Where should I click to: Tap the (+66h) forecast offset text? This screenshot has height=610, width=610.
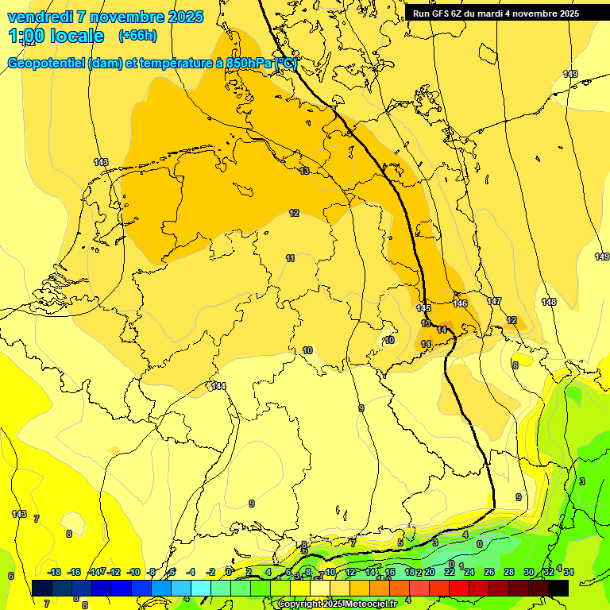coord(137,36)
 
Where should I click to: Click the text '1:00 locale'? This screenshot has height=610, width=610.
coord(56,36)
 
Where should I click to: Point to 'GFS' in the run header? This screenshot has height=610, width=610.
coord(442,14)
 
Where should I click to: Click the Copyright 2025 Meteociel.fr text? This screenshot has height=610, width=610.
coord(337,604)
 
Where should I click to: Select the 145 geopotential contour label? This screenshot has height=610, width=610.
coord(423,308)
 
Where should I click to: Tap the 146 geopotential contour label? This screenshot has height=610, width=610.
coord(460,303)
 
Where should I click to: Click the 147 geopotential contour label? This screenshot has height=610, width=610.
coord(494,301)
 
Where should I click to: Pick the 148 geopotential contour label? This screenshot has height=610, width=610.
coord(549,302)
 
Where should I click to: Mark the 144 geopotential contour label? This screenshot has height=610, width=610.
coord(218,386)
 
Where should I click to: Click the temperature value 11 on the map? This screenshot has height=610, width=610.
coord(291,258)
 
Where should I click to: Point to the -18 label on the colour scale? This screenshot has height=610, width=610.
coord(54,572)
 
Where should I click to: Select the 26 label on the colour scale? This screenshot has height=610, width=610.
coord(489,572)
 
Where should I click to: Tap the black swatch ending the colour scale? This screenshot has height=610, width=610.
coord(558,588)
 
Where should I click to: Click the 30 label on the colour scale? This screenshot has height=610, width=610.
coord(529,572)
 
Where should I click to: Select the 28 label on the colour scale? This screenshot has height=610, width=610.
coord(509,572)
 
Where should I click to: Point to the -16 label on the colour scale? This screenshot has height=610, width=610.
coord(74,572)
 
